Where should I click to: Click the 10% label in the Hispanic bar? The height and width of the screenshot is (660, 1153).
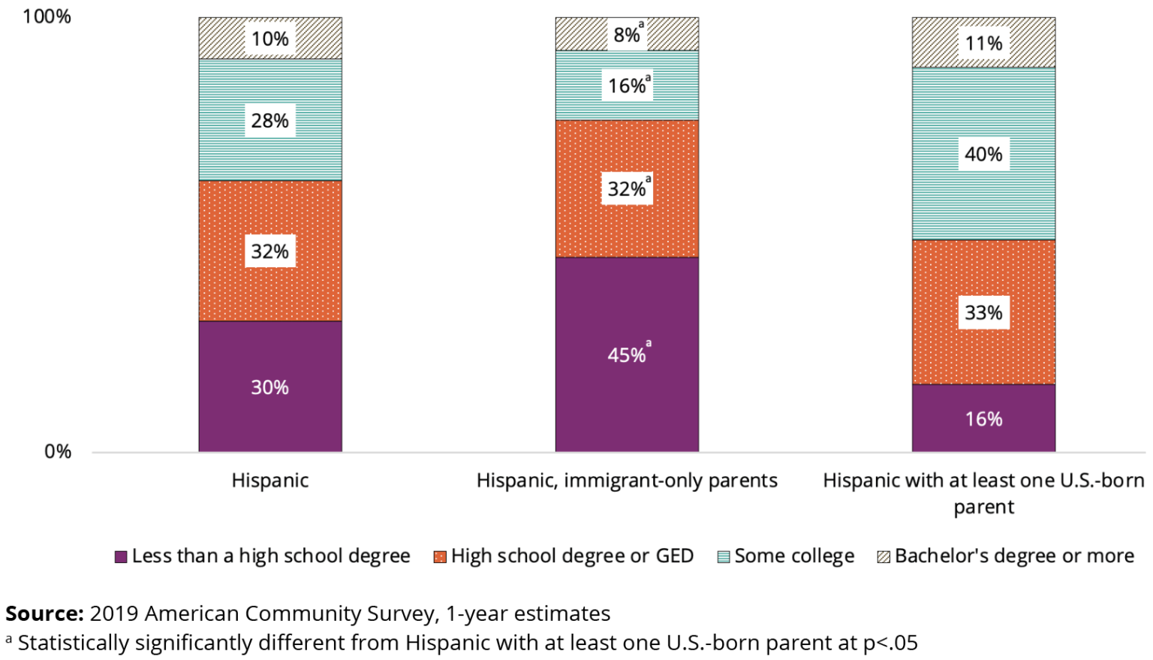[269, 39]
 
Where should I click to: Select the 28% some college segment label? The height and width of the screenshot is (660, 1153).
[269, 121]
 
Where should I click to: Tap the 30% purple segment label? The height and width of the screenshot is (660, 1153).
[269, 387]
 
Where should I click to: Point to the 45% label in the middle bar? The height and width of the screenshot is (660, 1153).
[627, 354]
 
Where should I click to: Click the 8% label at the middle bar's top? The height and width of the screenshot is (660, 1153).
[627, 35]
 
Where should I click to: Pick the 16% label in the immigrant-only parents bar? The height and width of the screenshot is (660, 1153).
[627, 86]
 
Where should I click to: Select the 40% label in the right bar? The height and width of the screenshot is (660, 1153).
[983, 155]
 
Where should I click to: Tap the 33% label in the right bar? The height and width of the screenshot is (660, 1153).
[983, 312]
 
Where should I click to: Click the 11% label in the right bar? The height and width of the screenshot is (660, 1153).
[983, 44]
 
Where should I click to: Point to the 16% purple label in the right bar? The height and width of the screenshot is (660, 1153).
[983, 419]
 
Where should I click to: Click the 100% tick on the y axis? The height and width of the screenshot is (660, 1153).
[47, 17]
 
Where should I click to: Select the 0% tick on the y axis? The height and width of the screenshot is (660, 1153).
[58, 452]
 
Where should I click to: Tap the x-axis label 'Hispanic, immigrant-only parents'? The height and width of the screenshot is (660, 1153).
[627, 481]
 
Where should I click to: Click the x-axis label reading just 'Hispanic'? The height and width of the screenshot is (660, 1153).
[269, 481]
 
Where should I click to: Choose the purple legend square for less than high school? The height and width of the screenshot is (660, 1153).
[120, 557]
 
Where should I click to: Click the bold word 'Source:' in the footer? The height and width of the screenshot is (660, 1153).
[44, 613]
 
